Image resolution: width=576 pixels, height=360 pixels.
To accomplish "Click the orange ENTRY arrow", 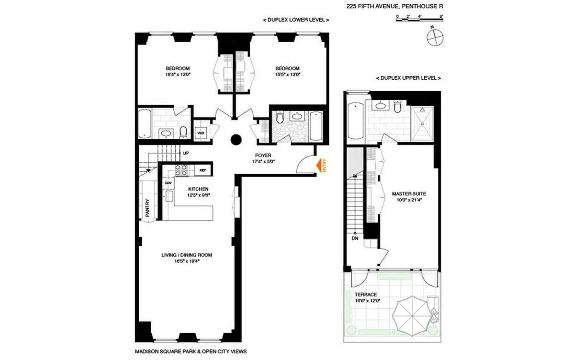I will coord(319,166).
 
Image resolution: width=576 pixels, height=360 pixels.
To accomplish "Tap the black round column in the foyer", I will coord(236,140).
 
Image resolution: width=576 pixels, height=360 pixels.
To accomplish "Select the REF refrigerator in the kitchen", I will coord(203,170).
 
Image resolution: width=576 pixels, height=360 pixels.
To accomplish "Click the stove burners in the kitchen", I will coord(182,169).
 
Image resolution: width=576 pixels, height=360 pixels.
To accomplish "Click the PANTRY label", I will coord(148,207).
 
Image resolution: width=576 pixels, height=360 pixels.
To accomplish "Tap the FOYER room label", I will coord(263,156).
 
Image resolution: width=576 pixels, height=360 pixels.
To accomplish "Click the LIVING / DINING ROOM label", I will coord(187,255).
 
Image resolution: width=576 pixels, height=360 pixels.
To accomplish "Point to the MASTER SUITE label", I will coord(409,194).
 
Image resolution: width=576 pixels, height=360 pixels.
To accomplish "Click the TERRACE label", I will coord(365,294).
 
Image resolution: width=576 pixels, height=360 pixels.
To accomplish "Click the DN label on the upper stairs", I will coord(355,238).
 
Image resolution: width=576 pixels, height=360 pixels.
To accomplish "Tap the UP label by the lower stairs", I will coord(185,153).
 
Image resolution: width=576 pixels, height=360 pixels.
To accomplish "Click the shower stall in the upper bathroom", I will coord(422,123).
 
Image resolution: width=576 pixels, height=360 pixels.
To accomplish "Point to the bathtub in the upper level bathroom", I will coord(356,120).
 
